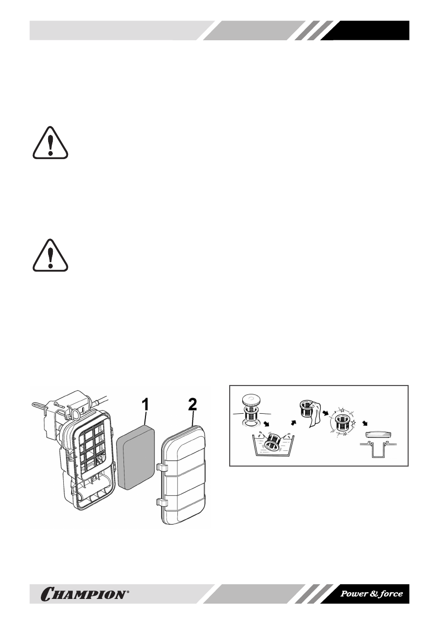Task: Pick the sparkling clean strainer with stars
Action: point(343,422)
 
